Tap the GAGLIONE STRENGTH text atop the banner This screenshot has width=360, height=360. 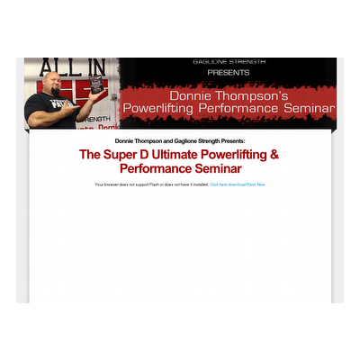229,62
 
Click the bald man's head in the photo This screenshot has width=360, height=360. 49,82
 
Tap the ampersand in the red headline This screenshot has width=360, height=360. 274,155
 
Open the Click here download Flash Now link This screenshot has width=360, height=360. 238,184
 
